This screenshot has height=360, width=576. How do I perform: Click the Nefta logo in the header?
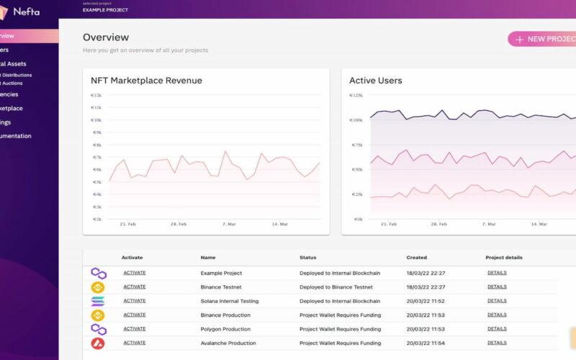click(x=20, y=10)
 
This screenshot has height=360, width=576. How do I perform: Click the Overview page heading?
click(x=106, y=37)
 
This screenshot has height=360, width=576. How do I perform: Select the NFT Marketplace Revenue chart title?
click(x=146, y=81)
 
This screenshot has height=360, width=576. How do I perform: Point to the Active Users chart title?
click(x=375, y=81)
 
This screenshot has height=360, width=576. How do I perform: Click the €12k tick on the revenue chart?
click(x=96, y=95)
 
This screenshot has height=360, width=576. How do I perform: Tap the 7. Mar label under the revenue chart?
click(x=230, y=224)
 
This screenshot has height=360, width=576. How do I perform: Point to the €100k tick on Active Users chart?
click(x=356, y=120)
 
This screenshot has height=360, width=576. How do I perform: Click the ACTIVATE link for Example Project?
click(x=134, y=273)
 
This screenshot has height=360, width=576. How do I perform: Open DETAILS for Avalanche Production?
click(x=497, y=343)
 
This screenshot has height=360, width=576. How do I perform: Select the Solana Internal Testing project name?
click(x=229, y=301)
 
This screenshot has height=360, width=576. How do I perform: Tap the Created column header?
click(x=416, y=257)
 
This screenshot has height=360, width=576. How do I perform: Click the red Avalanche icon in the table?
click(x=98, y=343)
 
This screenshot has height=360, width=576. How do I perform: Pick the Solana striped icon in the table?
click(x=98, y=301)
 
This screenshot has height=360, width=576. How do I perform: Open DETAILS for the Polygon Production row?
click(x=497, y=329)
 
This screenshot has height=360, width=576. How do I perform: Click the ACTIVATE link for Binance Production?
click(x=134, y=315)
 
